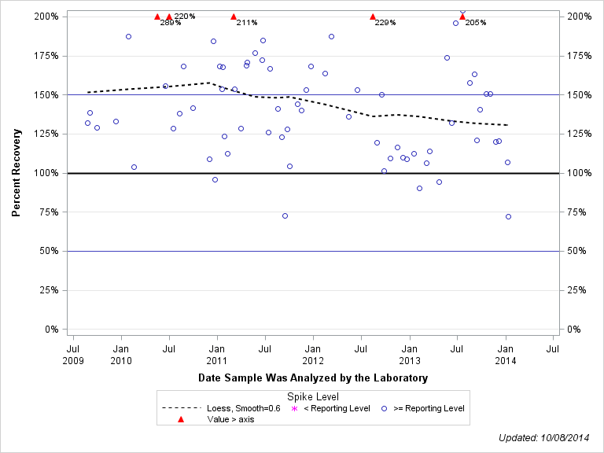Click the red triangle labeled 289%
coord(157,17)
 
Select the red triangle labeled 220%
coord(169,17)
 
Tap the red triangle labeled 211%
coord(234,17)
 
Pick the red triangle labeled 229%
coord(373,17)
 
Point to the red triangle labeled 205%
coord(462,17)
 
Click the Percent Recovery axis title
coord(16,173)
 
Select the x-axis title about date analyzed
coord(313,378)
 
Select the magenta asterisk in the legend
coord(295,408)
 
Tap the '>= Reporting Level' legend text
coord(429,408)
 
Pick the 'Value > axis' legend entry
coord(229,419)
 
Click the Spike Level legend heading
coord(313,396)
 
